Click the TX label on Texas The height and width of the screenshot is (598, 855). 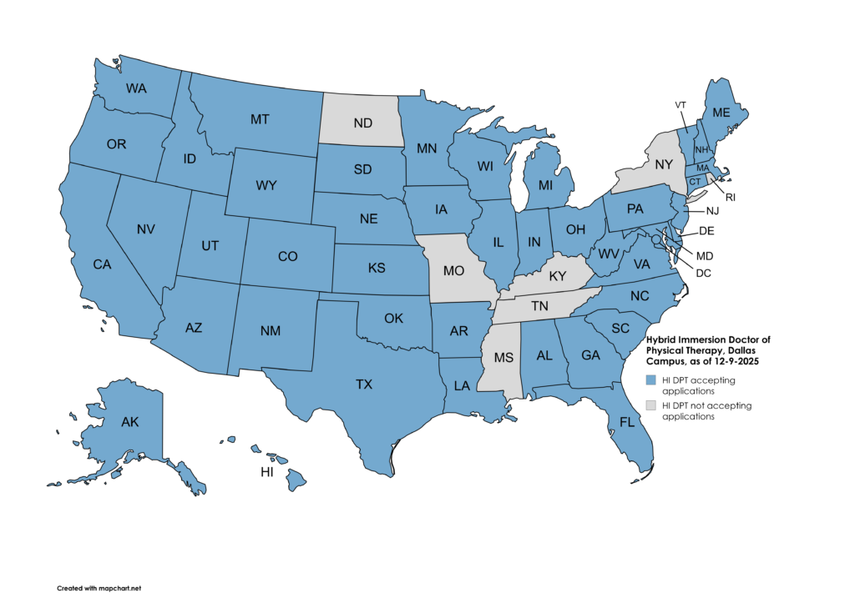click(x=364, y=384)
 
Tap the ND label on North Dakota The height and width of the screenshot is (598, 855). click(x=362, y=123)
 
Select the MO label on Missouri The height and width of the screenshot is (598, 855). click(x=453, y=271)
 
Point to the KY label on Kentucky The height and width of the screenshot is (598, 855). click(x=558, y=274)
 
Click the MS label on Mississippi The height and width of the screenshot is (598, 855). click(x=503, y=358)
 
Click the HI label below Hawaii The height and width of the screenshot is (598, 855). click(x=267, y=472)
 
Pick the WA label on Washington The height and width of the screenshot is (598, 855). click(x=137, y=88)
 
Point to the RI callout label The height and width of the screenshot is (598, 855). click(x=730, y=197)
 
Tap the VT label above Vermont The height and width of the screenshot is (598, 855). click(x=680, y=105)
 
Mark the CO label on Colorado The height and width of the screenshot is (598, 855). click(x=287, y=257)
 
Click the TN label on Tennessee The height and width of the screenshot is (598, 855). click(x=540, y=307)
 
